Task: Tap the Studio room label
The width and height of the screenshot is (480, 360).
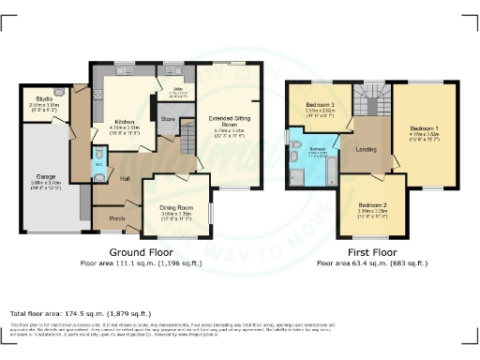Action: tap(43, 97)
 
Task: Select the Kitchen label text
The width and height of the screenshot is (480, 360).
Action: tap(127, 122)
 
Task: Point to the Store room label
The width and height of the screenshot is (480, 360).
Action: tap(167, 119)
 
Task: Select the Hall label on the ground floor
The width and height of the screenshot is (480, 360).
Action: tap(124, 177)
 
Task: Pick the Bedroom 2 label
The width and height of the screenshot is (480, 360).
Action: tap(371, 205)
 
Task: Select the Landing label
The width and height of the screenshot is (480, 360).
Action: tap(367, 147)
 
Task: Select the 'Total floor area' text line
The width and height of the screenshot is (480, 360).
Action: tap(70, 312)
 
